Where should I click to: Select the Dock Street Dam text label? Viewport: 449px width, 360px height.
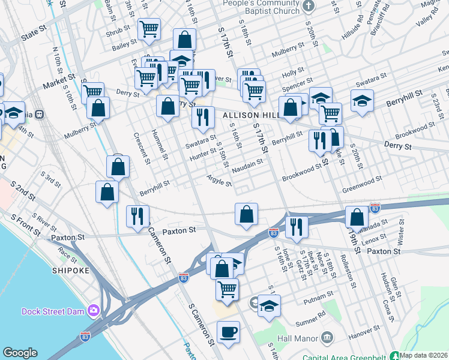tap(53, 311)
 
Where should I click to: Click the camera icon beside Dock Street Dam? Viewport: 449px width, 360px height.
tap(93, 310)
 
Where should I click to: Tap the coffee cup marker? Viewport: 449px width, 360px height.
tap(228, 332)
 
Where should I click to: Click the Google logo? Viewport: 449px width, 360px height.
tap(20, 352)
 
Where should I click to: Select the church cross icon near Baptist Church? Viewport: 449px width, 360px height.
tap(309, 7)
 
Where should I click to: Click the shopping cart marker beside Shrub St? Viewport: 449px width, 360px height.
tap(149, 29)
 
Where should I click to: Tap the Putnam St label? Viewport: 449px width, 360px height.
tap(318, 295)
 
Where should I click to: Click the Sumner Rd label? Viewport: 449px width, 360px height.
tap(312, 313)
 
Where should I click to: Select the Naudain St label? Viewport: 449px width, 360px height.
tap(247, 163)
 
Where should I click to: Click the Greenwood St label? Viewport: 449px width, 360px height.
tap(362, 179)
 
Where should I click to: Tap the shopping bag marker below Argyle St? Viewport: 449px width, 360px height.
tap(246, 214)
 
